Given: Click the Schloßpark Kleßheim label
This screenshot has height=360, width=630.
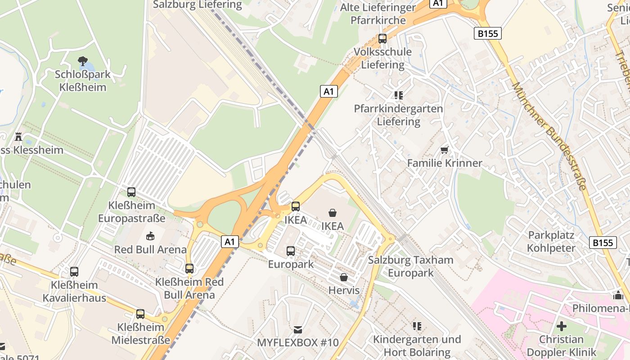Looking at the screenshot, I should [x=83, y=81].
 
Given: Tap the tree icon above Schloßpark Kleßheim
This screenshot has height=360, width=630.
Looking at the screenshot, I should [x=83, y=61].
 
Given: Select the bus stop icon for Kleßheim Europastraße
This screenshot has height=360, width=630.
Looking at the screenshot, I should [x=131, y=192].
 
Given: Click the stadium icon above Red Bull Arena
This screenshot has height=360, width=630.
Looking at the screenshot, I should [x=150, y=236].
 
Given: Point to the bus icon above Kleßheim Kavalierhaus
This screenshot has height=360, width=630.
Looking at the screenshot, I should [x=74, y=272].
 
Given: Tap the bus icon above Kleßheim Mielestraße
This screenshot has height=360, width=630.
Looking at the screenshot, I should [x=140, y=314].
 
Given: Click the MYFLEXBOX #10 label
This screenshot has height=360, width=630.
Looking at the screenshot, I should [x=297, y=342].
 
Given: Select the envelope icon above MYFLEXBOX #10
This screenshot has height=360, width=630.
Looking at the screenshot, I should [x=297, y=330].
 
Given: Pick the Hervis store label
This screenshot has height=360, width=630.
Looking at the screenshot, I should [x=344, y=290].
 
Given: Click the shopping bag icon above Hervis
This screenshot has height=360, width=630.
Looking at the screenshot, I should [x=344, y=277].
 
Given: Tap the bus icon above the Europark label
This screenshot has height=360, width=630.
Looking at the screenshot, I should [x=291, y=251].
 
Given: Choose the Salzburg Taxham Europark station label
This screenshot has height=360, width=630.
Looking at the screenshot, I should [x=410, y=266].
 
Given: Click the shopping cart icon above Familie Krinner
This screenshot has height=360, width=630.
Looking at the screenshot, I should [x=445, y=150].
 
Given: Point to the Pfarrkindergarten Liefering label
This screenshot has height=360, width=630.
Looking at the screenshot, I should [x=398, y=115].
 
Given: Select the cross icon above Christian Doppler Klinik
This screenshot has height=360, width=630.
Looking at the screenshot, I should [x=561, y=326].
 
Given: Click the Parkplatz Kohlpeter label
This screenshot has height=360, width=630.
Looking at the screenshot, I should [x=551, y=242].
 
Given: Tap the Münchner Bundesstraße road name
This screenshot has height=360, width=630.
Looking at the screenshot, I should [x=549, y=135].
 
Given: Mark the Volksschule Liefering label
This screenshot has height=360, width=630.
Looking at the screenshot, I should [x=382, y=58].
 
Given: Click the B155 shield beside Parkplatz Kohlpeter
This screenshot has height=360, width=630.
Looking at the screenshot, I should [x=603, y=243].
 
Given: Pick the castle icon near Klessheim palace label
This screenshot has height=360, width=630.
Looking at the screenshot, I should [x=18, y=136].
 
